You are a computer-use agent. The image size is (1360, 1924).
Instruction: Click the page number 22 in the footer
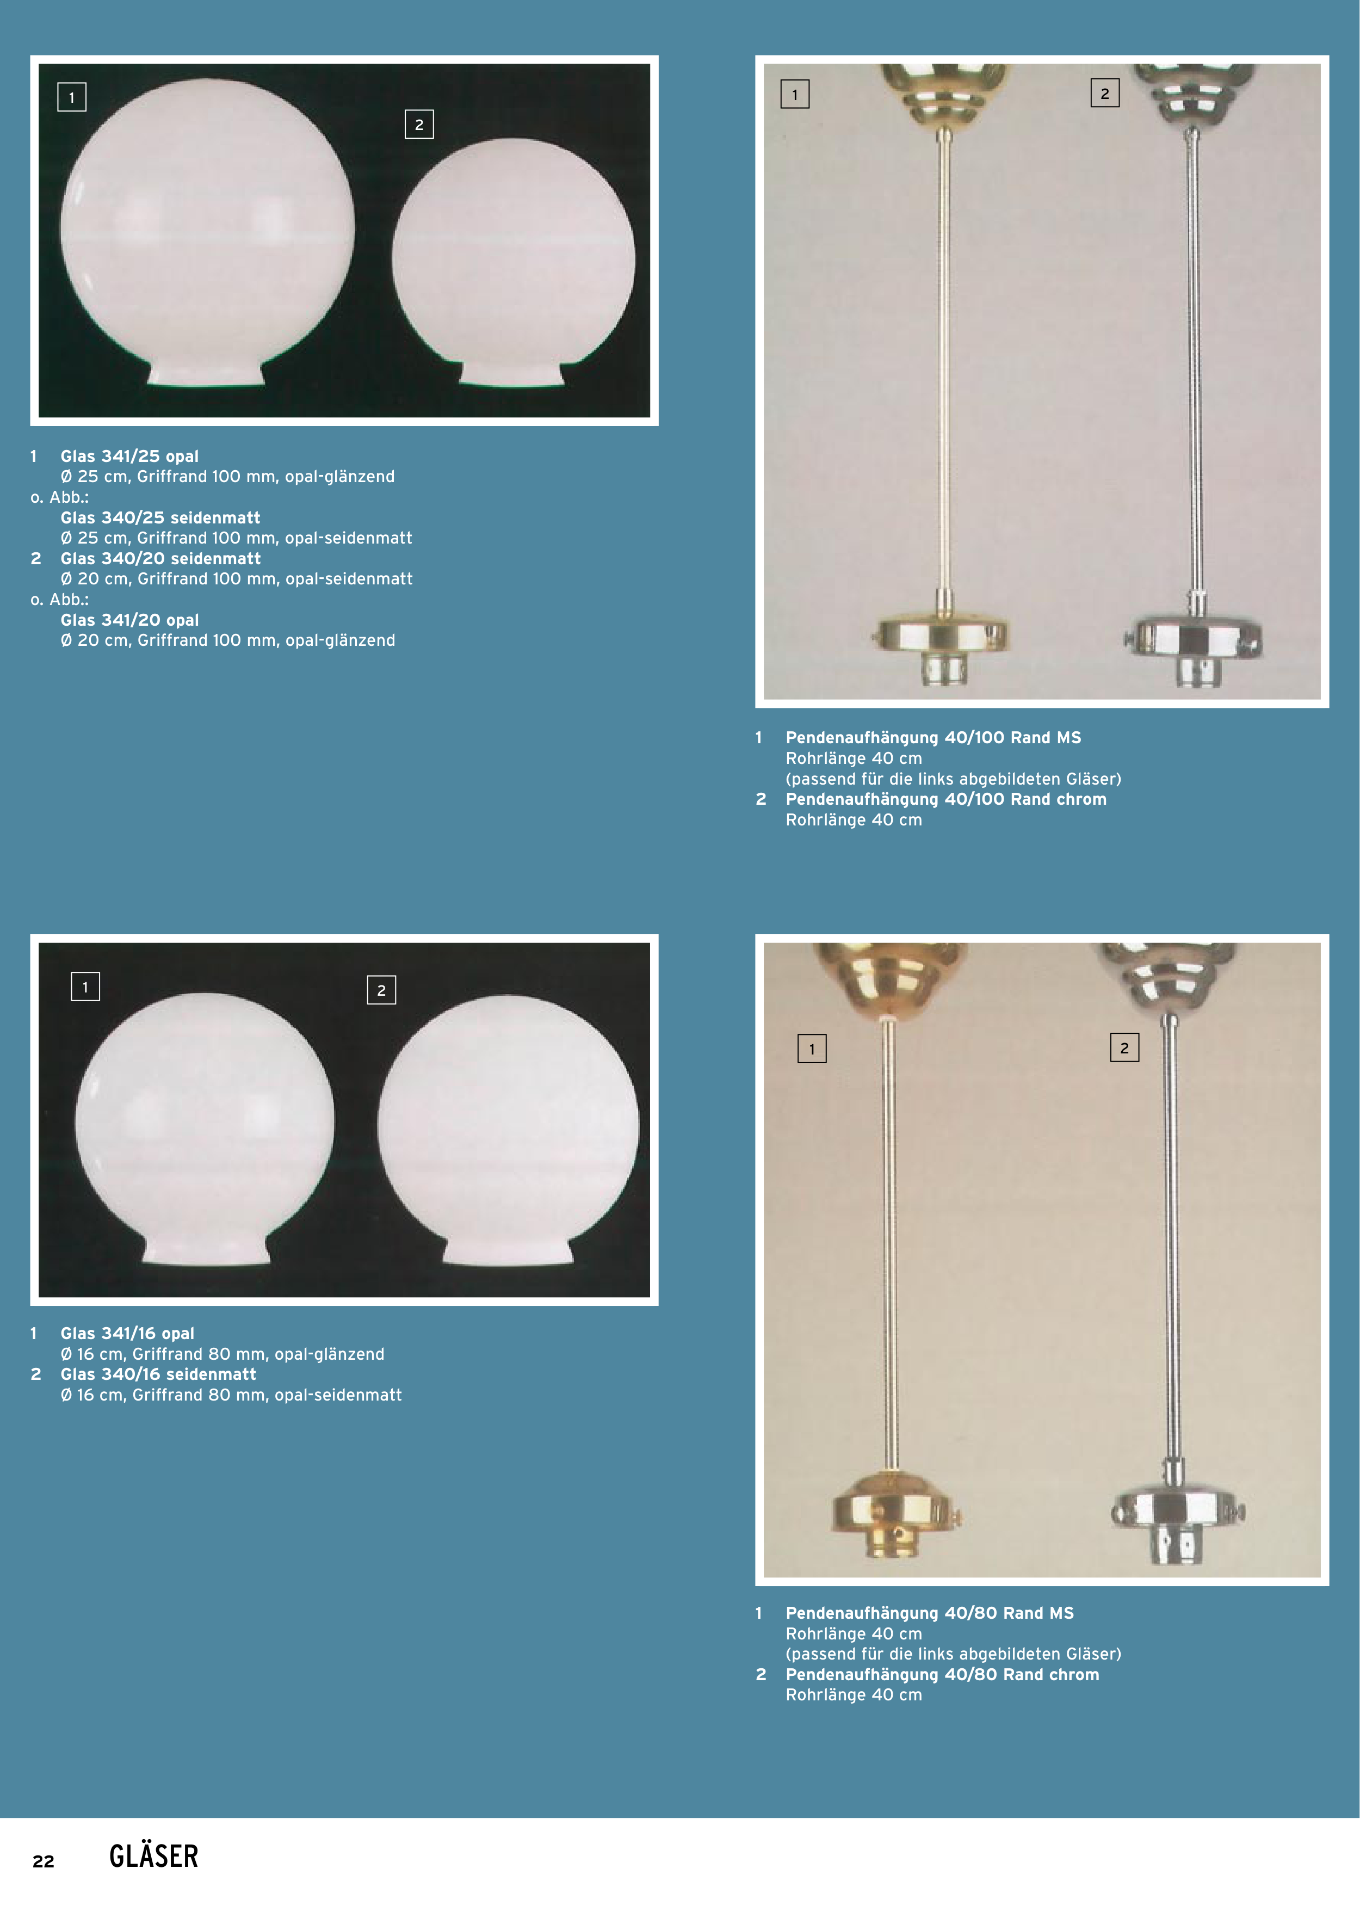[44, 1861]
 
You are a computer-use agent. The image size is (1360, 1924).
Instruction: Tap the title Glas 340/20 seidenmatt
[160, 559]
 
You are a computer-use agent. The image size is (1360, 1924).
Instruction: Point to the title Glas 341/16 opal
[127, 1333]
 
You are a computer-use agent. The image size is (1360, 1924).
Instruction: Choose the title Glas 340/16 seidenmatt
[158, 1374]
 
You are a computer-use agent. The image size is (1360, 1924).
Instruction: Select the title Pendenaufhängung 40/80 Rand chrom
[943, 1674]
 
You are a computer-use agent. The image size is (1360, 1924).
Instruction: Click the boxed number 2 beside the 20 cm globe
[419, 125]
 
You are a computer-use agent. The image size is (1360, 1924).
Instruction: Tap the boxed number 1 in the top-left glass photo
[72, 97]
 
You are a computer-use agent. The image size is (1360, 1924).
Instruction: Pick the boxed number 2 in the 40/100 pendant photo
[1104, 94]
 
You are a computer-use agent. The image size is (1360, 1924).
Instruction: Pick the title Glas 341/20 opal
[130, 620]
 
